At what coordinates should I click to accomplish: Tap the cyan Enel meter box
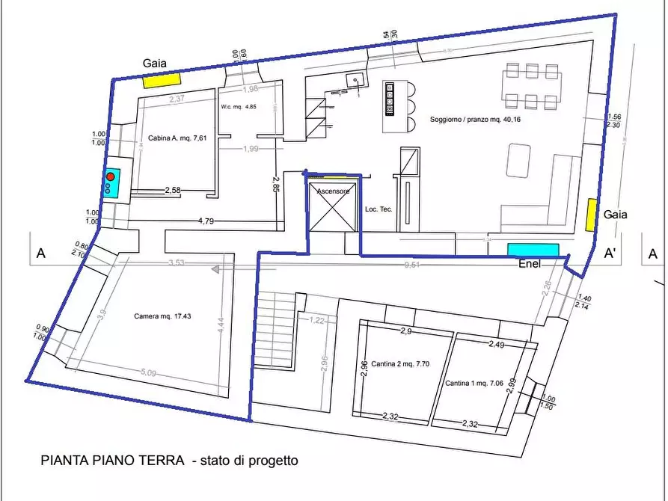(x=533, y=250)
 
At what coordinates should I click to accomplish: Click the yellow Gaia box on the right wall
(x=591, y=215)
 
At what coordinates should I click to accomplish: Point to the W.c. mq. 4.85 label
(x=239, y=107)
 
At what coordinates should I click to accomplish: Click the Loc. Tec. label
(x=379, y=209)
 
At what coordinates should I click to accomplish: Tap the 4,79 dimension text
(x=206, y=221)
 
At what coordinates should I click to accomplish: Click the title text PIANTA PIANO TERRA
(x=112, y=461)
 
